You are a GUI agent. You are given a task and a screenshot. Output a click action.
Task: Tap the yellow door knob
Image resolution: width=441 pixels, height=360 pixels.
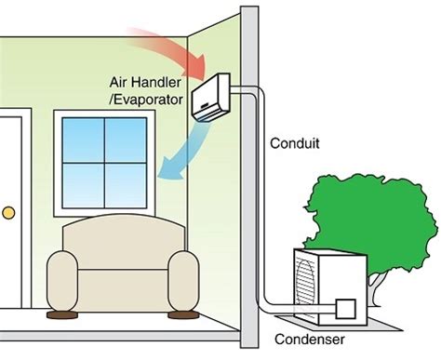[8, 212]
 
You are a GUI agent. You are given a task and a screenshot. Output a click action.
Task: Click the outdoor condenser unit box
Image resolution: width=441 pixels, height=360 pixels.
[326, 284]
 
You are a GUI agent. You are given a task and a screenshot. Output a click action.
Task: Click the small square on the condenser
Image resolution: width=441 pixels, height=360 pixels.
[347, 308]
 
